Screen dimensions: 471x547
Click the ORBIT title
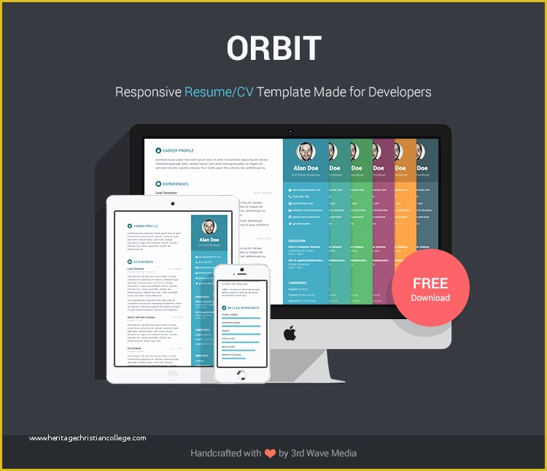(x=273, y=49)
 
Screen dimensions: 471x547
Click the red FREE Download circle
(x=430, y=288)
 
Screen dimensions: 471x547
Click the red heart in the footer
(x=271, y=453)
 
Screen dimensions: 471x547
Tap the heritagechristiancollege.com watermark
(x=88, y=438)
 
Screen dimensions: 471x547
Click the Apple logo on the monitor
(x=290, y=334)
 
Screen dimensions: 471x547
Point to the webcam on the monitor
(x=290, y=132)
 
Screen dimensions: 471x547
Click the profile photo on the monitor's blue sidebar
(x=306, y=152)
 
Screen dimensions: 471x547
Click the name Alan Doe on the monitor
(x=306, y=169)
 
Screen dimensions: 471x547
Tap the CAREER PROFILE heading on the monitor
(x=178, y=150)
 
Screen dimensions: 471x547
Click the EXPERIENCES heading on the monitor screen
(x=175, y=184)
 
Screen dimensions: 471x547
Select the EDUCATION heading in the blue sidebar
(x=297, y=240)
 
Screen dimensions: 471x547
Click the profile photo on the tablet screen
(x=209, y=226)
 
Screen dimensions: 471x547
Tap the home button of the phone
(x=241, y=374)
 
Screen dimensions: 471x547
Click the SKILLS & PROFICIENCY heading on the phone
(x=240, y=308)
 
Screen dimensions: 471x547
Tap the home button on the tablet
(x=172, y=375)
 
